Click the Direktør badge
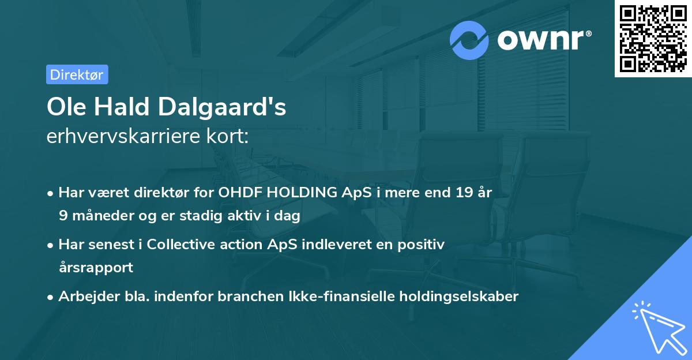[x=77, y=74]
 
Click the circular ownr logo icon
[x=470, y=40]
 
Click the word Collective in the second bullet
[x=182, y=245]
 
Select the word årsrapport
[x=96, y=268]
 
